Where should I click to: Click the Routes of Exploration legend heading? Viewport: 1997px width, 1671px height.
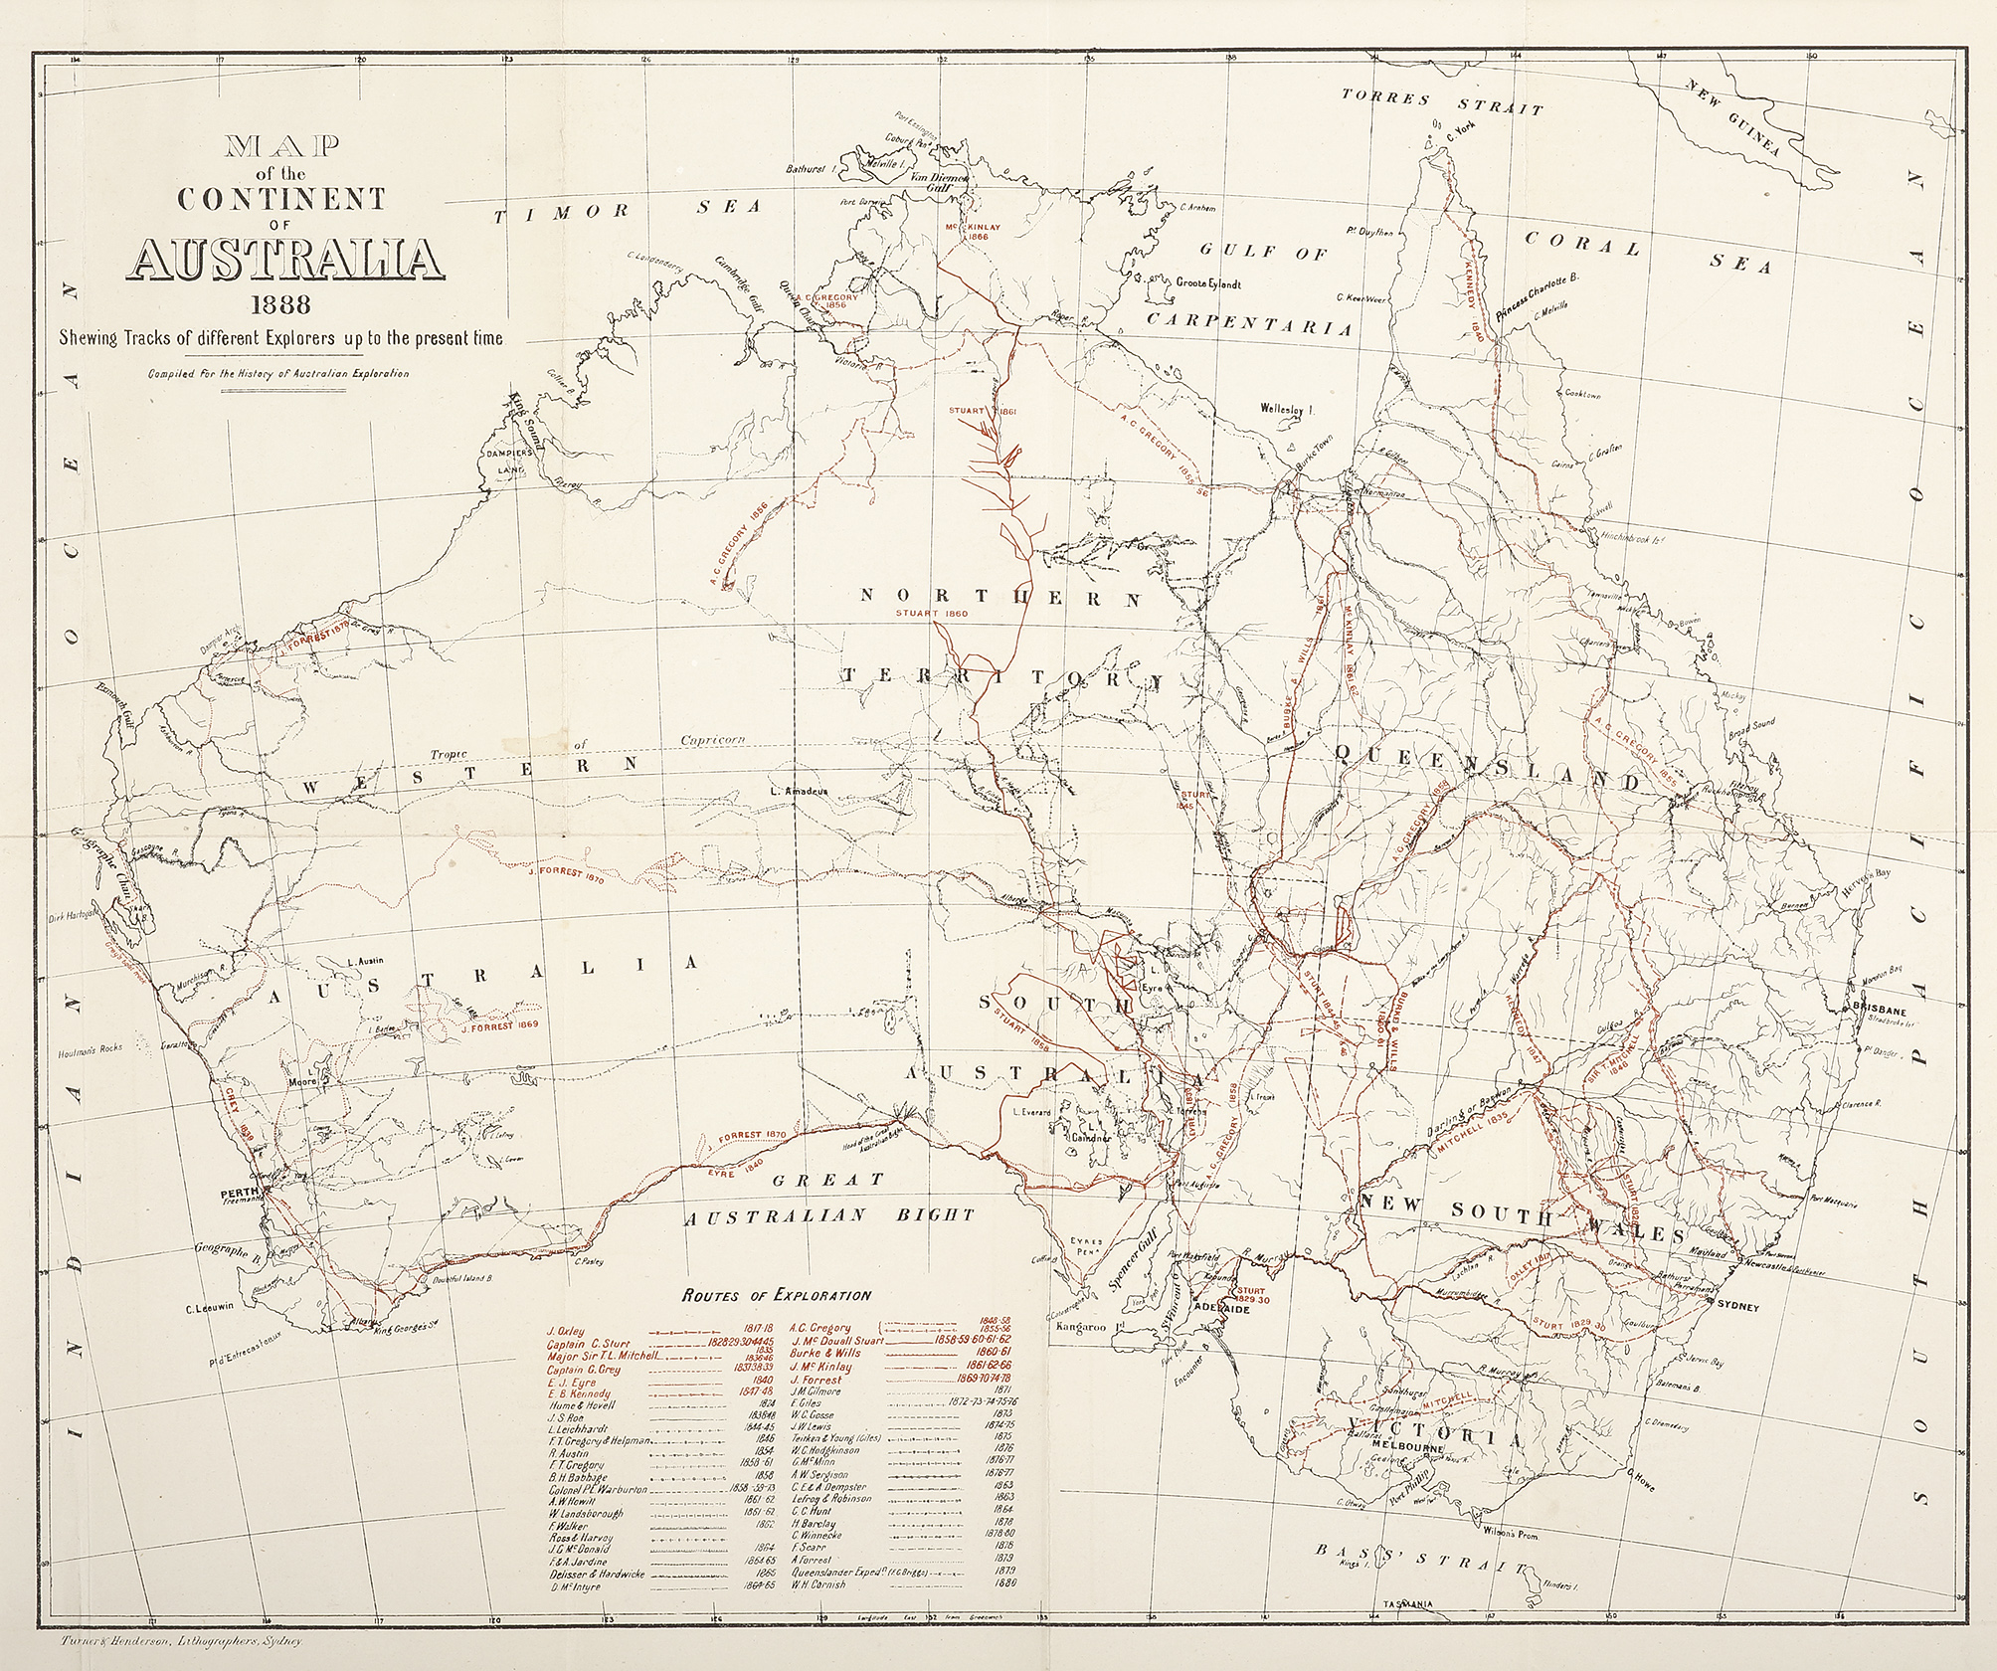click(x=776, y=1295)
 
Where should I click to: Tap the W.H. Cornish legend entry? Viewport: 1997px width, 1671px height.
click(x=817, y=1612)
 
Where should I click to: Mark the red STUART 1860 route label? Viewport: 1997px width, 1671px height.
click(x=931, y=614)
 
